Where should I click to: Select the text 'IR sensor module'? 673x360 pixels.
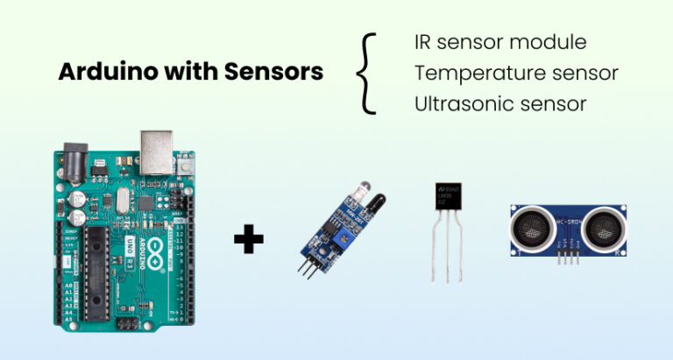pyautogui.click(x=499, y=42)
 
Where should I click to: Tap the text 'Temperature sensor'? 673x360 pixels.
pyautogui.click(x=516, y=73)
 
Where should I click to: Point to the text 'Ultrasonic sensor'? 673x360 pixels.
pyautogui.click(x=499, y=103)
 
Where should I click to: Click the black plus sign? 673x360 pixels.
pyautogui.click(x=249, y=238)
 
